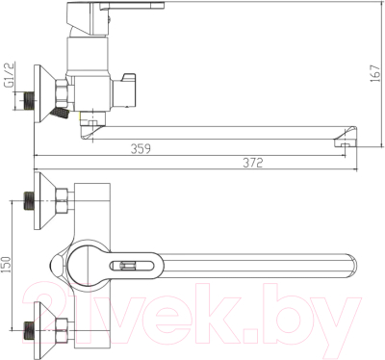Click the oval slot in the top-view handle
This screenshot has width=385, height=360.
[134, 264]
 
